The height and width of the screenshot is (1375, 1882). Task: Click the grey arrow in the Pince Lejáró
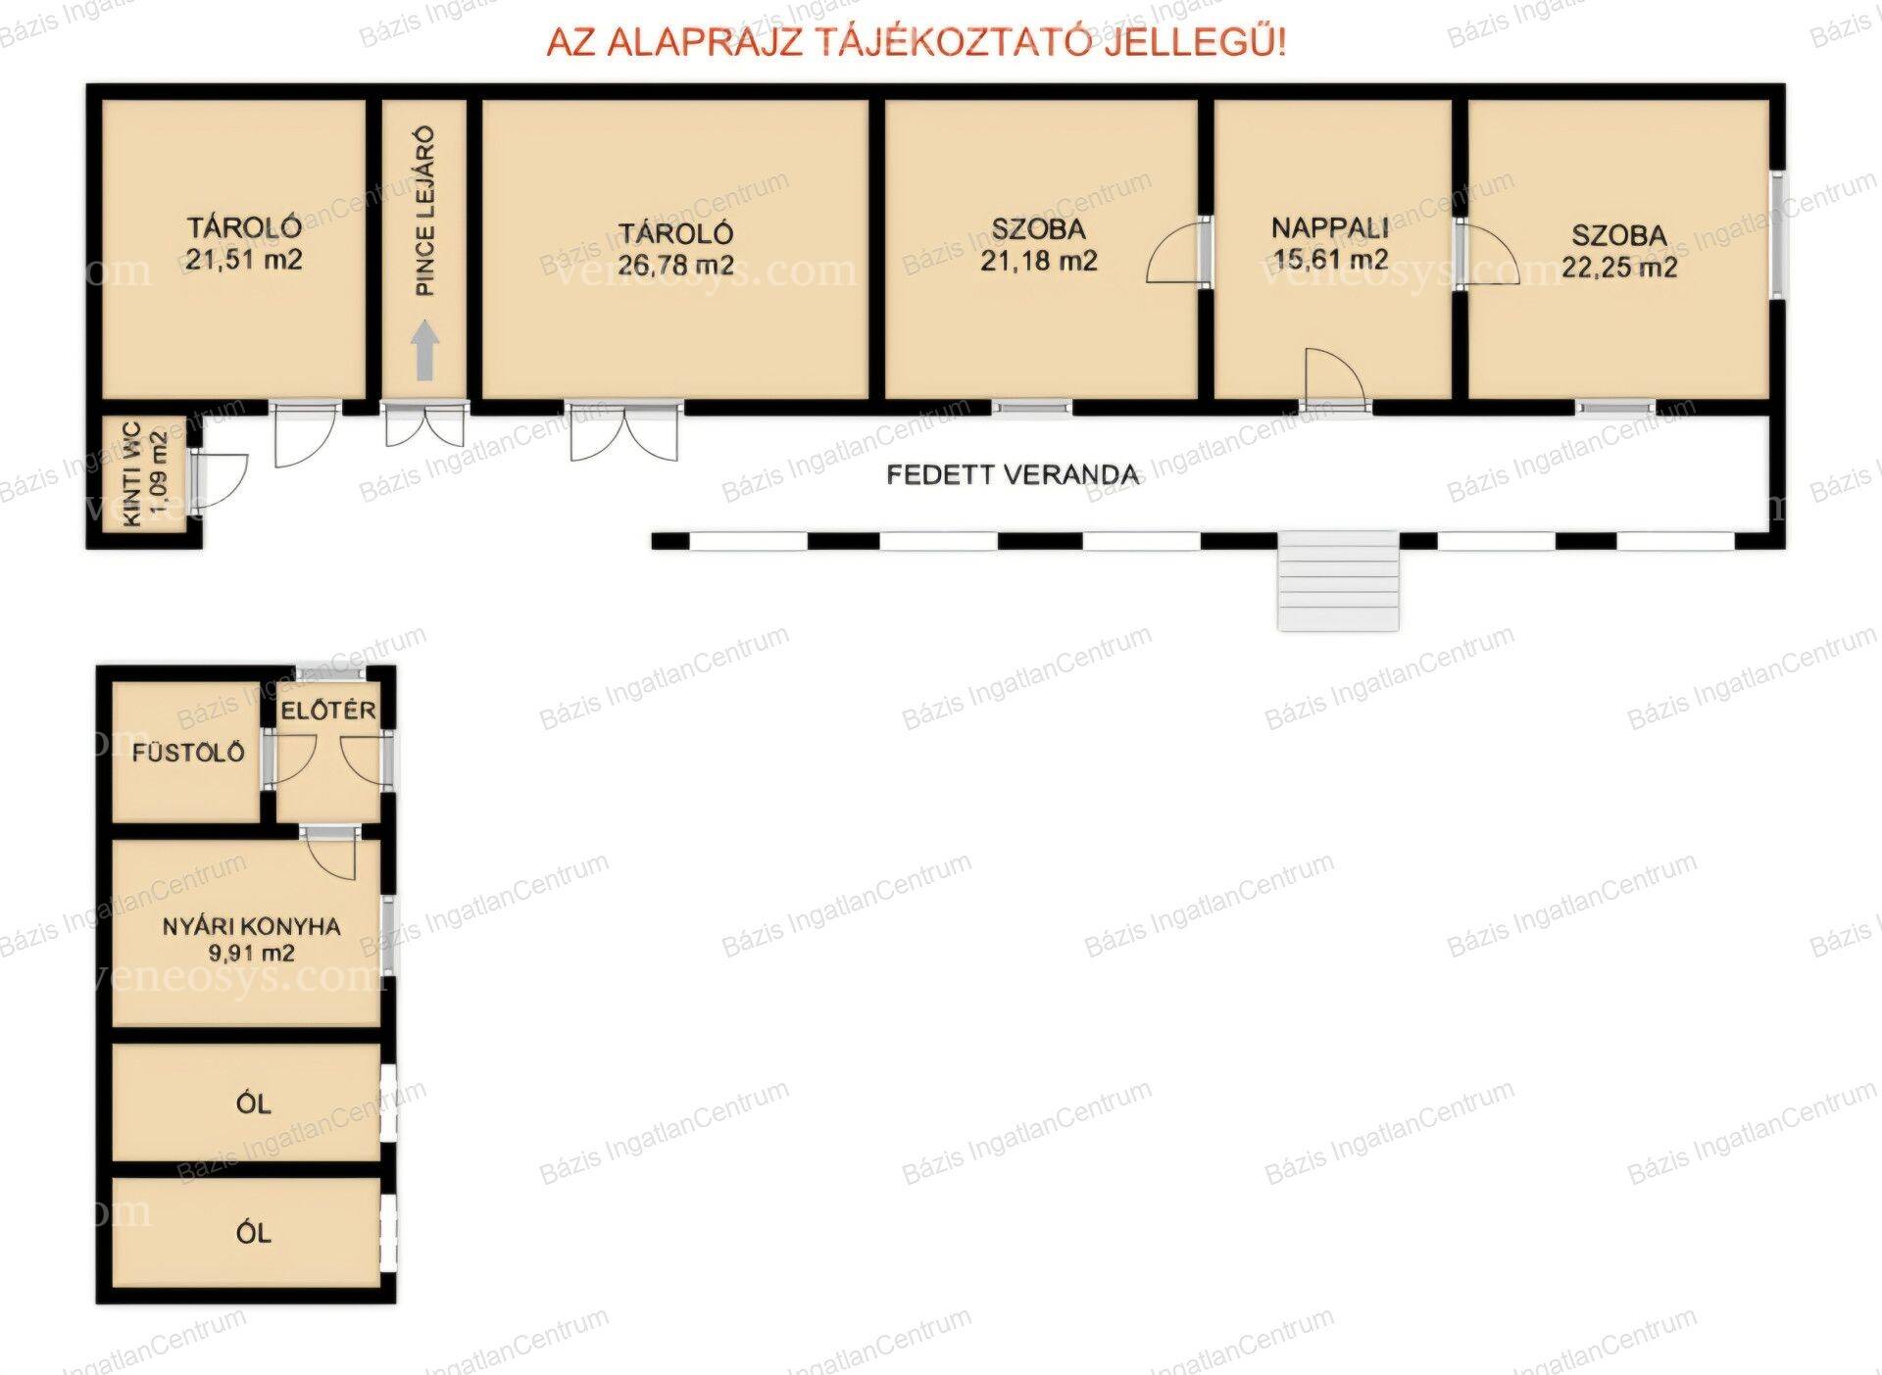coord(425,351)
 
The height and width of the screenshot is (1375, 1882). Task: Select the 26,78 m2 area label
coord(675,265)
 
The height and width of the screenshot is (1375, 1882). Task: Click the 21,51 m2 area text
coord(243,260)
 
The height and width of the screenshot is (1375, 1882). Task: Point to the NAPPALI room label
coord(1330,228)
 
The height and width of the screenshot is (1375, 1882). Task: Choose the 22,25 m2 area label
coord(1619,267)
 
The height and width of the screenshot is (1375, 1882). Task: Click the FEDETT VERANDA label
coord(1013,475)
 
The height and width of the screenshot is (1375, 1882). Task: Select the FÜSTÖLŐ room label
coord(188,753)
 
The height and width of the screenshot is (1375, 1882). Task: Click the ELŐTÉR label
coord(327,711)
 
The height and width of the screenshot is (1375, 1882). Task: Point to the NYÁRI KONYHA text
coord(252,926)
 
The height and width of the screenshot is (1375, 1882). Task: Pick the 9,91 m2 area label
coord(252,953)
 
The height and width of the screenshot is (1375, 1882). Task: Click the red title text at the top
coord(916,43)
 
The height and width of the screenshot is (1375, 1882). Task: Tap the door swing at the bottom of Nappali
coord(1334,377)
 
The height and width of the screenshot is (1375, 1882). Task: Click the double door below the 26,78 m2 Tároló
coord(624,431)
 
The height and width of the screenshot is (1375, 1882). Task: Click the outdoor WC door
coord(218,480)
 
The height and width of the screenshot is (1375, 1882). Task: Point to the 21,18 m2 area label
coord(1039,261)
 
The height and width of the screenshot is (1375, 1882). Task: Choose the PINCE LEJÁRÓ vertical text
coord(425,211)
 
